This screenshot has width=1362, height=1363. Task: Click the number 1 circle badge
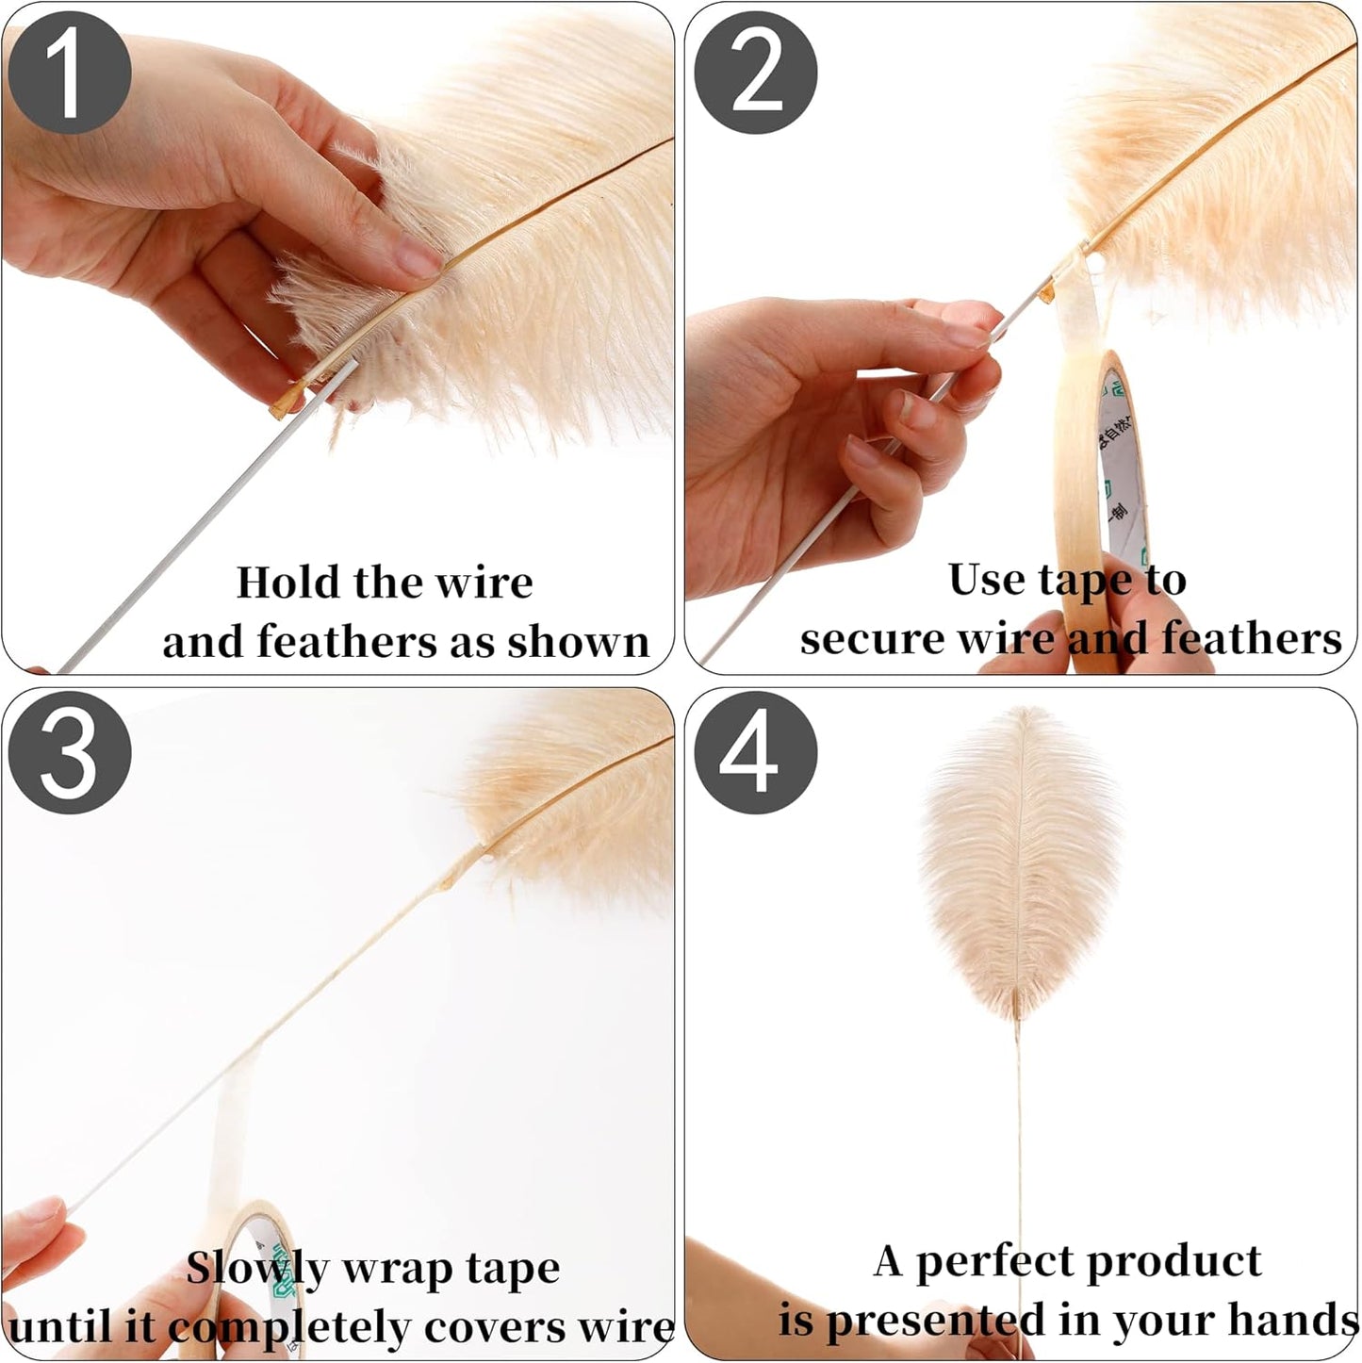click(69, 74)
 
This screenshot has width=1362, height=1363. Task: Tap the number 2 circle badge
click(755, 74)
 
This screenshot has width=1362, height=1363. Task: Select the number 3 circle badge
click(69, 753)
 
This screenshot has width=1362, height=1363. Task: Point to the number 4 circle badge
click(755, 753)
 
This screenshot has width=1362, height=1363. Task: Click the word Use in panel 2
click(987, 579)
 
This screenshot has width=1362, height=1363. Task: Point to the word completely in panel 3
click(290, 1327)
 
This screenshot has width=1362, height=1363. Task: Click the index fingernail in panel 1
click(418, 257)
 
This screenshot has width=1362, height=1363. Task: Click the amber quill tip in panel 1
click(283, 406)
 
